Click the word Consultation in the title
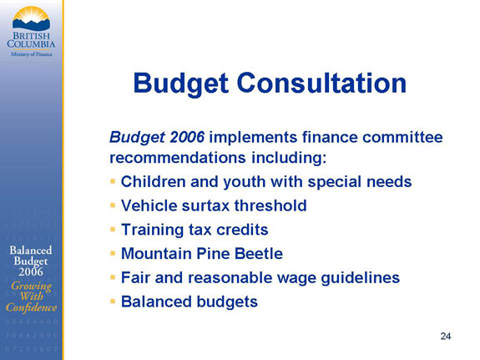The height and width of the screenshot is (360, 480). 321,83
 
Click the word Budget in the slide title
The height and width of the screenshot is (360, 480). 180,84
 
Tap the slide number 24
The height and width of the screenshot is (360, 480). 446,336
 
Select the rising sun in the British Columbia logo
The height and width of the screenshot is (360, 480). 31,15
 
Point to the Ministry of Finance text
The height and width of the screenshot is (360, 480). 32,54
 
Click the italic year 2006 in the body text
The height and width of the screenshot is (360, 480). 187,137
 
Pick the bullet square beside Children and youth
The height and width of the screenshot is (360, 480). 113,182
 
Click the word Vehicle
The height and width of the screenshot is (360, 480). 149,205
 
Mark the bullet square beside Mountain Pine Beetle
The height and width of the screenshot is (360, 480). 113,253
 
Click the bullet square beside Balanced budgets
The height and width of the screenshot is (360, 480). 113,302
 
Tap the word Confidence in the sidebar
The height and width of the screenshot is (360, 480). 31,307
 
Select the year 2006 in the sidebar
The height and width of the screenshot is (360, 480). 31,271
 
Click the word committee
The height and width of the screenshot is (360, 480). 402,137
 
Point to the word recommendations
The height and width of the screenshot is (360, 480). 178,158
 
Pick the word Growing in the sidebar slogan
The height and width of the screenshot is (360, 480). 31,286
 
